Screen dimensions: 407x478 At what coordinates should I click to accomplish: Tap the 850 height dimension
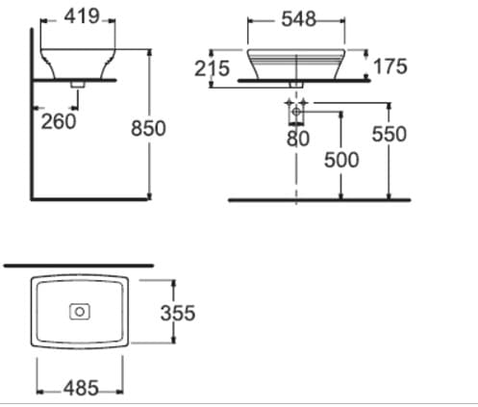click(149, 128)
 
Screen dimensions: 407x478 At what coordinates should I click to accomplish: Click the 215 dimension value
click(212, 68)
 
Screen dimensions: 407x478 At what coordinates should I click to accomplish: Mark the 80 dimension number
click(297, 139)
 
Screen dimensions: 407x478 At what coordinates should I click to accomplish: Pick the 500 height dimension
click(341, 159)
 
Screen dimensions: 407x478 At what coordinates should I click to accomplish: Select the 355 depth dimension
click(178, 314)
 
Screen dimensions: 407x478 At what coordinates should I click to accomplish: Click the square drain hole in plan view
click(80, 311)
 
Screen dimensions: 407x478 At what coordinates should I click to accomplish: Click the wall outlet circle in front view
click(296, 114)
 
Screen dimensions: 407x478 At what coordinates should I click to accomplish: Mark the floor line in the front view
click(318, 200)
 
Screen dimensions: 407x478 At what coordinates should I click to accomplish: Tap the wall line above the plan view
click(77, 262)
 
